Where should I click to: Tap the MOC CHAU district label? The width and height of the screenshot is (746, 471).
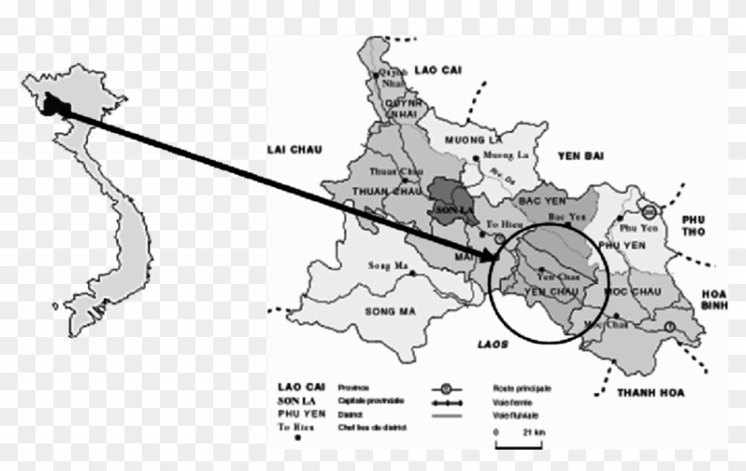coord(631,291)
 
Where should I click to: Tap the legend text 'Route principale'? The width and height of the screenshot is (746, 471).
coord(523,388)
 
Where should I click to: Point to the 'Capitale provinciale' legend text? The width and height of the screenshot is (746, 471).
coord(365,400)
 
